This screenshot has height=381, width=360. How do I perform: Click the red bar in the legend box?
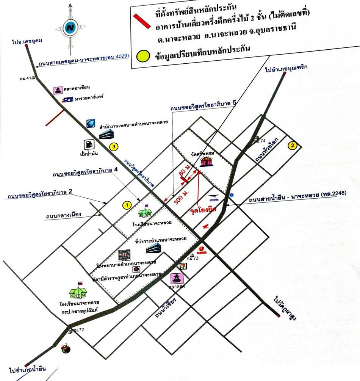(x=144, y=22)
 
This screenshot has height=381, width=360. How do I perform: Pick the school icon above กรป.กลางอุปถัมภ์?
(x=78, y=290)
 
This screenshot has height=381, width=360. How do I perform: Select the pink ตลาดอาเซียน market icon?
(x=58, y=90)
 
